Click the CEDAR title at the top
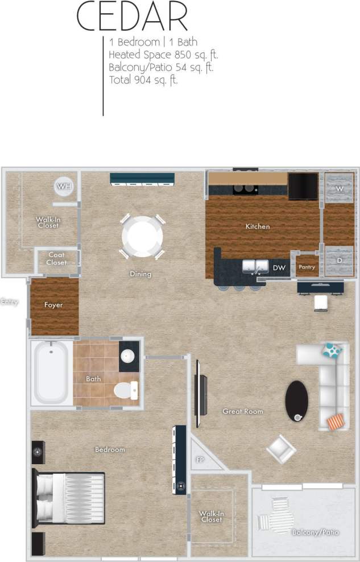(132, 17)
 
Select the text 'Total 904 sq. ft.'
(143, 80)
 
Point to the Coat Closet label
(56, 259)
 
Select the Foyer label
(53, 305)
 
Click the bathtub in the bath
(51, 373)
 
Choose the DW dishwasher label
(279, 267)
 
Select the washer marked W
(340, 188)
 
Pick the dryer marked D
(340, 261)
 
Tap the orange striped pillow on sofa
(336, 421)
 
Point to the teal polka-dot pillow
(333, 350)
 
